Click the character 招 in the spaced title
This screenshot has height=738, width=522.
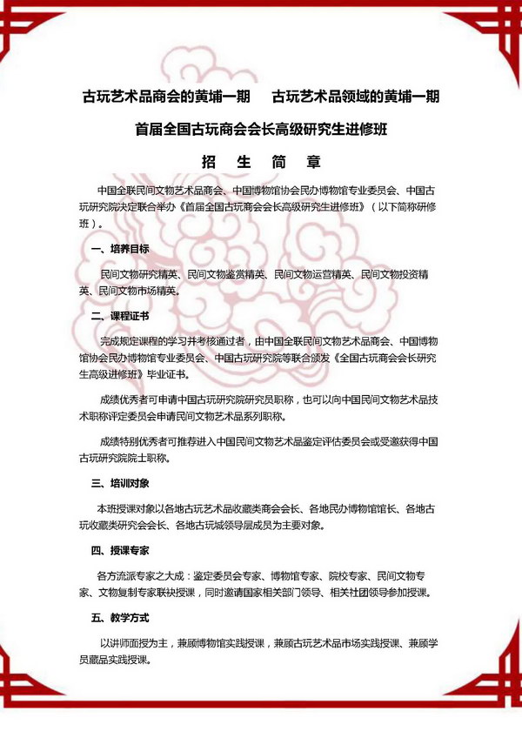pyautogui.click(x=209, y=161)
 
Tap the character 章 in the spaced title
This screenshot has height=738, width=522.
pyautogui.click(x=314, y=161)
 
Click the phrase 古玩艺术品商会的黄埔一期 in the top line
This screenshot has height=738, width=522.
pyautogui.click(x=166, y=96)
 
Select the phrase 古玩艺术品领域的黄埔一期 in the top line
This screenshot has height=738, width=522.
pyautogui.click(x=355, y=96)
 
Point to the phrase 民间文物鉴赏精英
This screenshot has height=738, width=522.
pyautogui.click(x=226, y=273)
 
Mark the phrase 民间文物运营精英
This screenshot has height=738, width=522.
pyautogui.click(x=311, y=273)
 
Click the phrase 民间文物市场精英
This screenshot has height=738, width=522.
pyautogui.click(x=138, y=291)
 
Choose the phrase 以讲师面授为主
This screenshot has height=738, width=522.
pyautogui.click(x=137, y=642)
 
